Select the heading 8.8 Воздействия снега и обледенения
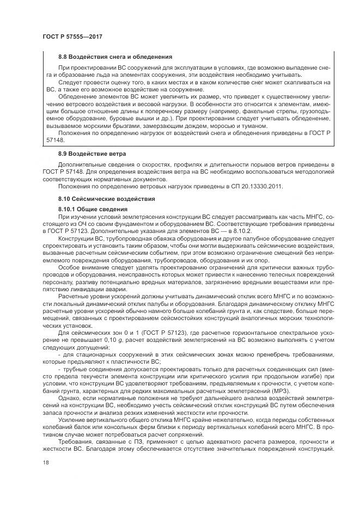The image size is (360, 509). pos(115,56)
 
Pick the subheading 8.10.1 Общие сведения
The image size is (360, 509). pos(93,210)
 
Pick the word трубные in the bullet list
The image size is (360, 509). pos(76,368)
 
